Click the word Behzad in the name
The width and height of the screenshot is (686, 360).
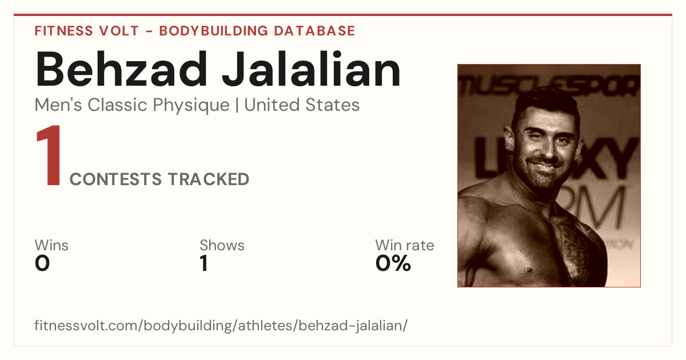coord(121,69)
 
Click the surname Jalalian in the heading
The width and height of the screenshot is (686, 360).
coord(311,69)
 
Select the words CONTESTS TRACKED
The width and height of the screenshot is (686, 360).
coord(159,179)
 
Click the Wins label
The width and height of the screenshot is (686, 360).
coord(51,245)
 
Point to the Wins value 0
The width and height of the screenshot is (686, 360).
coord(42,263)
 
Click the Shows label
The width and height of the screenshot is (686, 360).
coord(222,245)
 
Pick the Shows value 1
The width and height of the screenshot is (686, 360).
coord(204,263)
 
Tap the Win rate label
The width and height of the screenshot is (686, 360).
coord(405,245)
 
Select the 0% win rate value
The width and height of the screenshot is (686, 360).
coord(393,263)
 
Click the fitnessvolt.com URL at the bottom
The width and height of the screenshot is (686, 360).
coord(221,325)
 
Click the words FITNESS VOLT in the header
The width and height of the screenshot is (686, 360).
coord(87,31)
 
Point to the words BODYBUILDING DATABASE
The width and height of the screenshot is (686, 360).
coord(257,31)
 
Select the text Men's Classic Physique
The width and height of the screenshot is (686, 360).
coord(132,105)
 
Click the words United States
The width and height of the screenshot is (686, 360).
coord(302,105)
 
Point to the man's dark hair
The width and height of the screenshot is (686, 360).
coord(545,102)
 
